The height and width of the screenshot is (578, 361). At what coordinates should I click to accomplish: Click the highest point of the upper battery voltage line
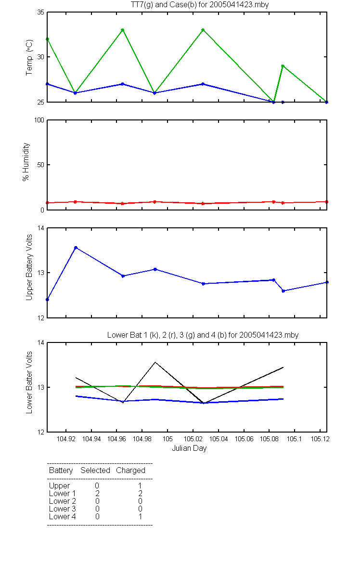coord(76,248)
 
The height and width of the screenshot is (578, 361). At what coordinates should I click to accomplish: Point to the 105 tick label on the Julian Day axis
coord(168,439)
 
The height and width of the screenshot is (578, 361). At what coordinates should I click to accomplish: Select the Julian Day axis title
coord(189,448)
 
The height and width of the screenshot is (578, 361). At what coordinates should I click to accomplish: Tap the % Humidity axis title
coord(26,162)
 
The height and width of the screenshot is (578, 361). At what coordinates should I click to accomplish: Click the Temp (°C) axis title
coord(29,57)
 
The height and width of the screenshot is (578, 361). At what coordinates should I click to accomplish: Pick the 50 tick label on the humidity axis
coord(40,165)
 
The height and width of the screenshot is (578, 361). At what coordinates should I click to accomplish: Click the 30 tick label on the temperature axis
coord(40,57)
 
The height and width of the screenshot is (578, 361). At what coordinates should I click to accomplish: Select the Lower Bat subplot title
coord(203,335)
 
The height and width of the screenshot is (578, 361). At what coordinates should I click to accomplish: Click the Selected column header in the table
coord(95,471)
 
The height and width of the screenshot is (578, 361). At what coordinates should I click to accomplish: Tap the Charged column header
coord(130,471)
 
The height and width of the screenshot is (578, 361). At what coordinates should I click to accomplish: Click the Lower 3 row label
coord(63,509)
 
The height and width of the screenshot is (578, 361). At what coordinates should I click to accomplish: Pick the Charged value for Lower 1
coord(140,493)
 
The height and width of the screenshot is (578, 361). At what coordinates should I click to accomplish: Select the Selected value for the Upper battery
coord(97,486)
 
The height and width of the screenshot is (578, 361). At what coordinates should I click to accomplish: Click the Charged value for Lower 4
coord(140,516)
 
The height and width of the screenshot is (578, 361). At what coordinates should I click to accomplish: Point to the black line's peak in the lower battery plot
coord(155,362)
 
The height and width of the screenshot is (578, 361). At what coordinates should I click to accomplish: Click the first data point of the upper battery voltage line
coord(48,300)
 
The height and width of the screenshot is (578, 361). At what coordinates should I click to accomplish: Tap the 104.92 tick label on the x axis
coord(66,439)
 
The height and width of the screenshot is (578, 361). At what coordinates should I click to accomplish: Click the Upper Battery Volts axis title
coord(29,267)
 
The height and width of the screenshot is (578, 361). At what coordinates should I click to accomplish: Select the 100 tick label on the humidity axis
coord(39,120)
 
